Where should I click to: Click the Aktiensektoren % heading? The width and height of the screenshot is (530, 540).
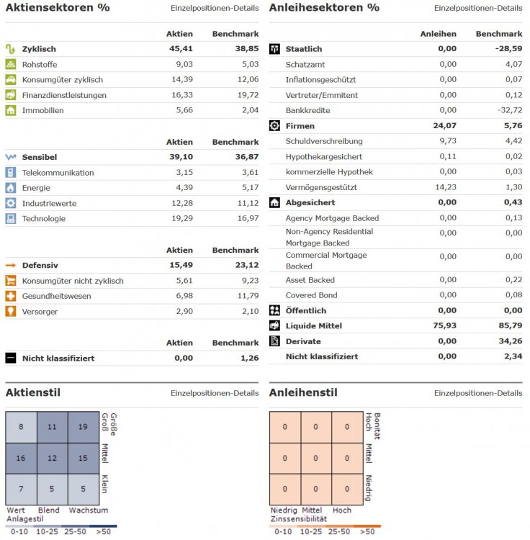click(58, 8)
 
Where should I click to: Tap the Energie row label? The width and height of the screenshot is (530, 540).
click(36, 188)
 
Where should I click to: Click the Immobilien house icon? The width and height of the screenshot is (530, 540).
click(11, 110)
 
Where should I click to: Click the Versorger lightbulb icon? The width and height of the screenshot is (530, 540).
click(11, 311)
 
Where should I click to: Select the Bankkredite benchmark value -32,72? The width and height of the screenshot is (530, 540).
click(507, 110)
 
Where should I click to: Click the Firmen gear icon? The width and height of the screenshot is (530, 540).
click(274, 126)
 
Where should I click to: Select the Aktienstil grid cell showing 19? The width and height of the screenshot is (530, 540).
click(84, 427)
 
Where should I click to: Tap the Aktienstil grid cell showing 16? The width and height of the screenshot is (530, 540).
click(21, 458)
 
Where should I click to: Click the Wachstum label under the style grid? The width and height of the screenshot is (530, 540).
click(88, 510)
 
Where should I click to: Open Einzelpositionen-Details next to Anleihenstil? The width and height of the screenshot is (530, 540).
click(478, 393)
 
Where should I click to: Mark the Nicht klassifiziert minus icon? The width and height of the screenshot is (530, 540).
click(11, 358)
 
